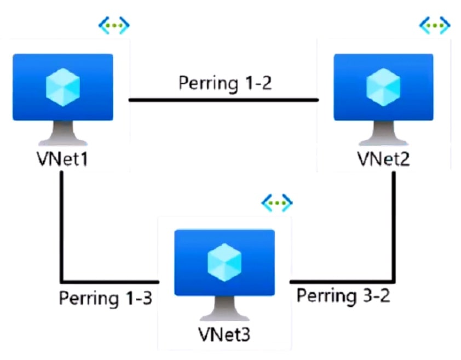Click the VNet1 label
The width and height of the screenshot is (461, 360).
[x=62, y=160]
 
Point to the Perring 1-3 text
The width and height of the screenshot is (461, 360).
[x=105, y=299]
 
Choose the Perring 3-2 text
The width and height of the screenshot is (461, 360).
[x=343, y=295]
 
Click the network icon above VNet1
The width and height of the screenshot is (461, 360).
[x=114, y=25]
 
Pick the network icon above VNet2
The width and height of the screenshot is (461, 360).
[x=435, y=25]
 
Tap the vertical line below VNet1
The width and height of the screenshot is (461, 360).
[x=62, y=225]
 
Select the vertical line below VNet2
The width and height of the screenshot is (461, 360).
[x=393, y=225]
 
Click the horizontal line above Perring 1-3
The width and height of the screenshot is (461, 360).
[x=110, y=279]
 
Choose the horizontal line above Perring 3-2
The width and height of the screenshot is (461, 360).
[x=342, y=279]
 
